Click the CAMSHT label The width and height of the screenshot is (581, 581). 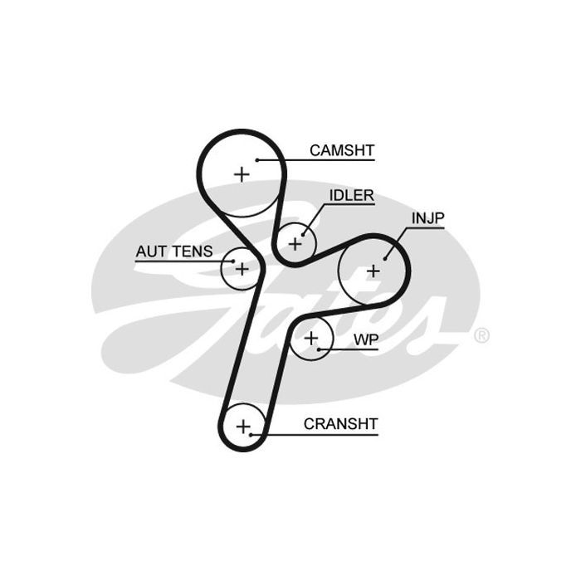(x=342, y=150)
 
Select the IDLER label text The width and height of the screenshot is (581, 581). (x=352, y=196)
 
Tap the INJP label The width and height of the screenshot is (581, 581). (x=428, y=218)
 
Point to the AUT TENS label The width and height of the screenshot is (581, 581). (x=174, y=251)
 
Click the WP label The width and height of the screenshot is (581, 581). (x=366, y=339)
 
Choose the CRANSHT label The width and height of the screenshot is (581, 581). (x=340, y=424)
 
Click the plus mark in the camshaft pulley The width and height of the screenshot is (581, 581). (x=242, y=174)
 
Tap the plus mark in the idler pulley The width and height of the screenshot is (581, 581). (x=295, y=244)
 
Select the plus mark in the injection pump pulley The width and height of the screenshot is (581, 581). (x=373, y=271)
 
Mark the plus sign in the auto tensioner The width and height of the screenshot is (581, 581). (x=242, y=269)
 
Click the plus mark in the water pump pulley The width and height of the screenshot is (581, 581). (x=311, y=339)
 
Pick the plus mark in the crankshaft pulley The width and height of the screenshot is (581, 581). (x=243, y=427)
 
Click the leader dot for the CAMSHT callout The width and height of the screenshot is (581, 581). (x=257, y=160)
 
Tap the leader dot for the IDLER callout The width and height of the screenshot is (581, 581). (x=303, y=235)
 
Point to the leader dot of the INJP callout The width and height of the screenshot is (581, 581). (x=384, y=259)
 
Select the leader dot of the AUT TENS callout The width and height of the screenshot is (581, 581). (x=233, y=261)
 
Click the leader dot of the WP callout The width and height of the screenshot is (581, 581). (x=319, y=349)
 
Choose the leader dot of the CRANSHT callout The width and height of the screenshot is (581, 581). (x=251, y=435)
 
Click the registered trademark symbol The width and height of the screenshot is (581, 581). (x=481, y=335)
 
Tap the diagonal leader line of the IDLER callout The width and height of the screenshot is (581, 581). (x=313, y=219)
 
